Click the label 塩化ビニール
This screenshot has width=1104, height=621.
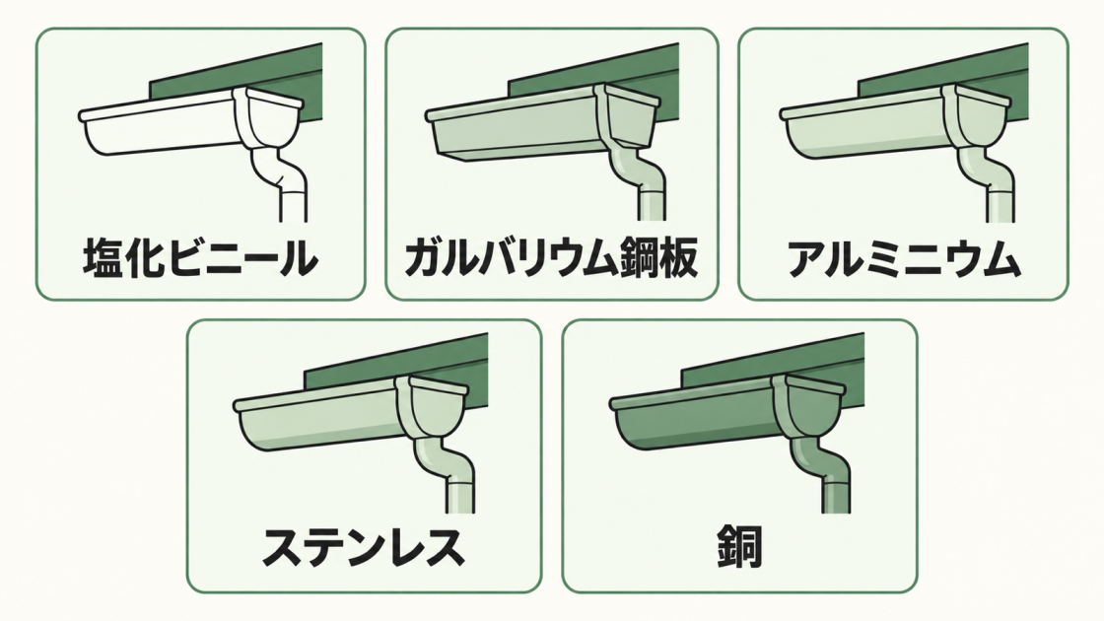click(200, 258)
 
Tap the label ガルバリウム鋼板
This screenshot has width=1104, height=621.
click(551, 258)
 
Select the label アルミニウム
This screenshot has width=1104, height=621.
click(903, 258)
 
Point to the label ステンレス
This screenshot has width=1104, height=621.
click(364, 548)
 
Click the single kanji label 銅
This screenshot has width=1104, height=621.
click(740, 548)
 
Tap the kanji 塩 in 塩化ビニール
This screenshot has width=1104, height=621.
click(103, 258)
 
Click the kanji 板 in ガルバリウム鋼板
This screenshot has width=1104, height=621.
click(677, 258)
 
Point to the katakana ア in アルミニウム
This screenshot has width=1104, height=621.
click(807, 258)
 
